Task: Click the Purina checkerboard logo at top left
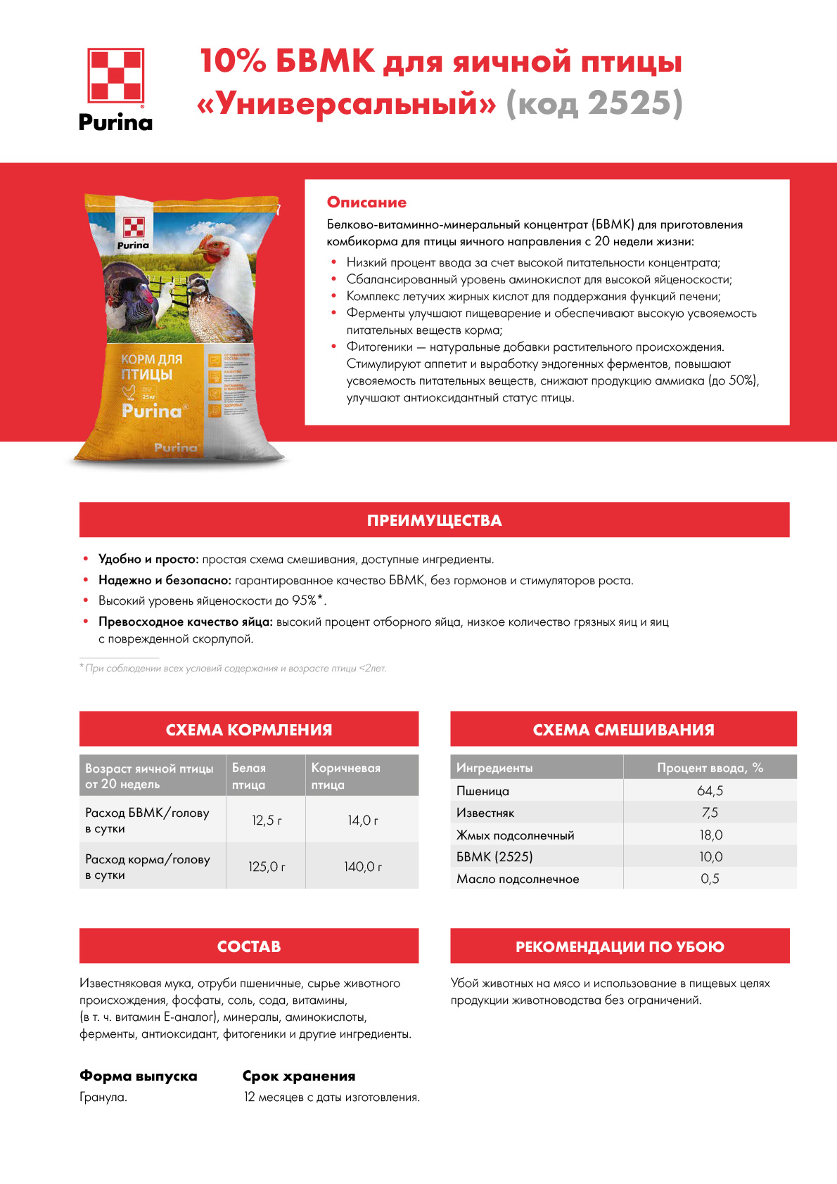(115, 76)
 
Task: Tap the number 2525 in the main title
(629, 103)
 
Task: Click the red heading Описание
(366, 202)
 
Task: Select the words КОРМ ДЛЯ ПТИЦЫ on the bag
(151, 366)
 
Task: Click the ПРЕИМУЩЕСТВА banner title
(434, 520)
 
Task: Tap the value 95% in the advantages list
(304, 600)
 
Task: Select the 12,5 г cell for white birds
(267, 820)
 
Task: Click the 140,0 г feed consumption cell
(363, 867)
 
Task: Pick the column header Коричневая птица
(345, 776)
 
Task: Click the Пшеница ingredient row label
(483, 791)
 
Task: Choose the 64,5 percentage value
(710, 791)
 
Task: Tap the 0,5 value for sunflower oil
(710, 879)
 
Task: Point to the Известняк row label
(485, 813)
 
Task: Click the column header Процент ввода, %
(710, 768)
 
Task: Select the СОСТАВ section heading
(249, 946)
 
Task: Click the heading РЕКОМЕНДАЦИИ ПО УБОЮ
(620, 946)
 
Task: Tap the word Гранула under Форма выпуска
(103, 1097)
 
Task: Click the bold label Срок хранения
(299, 1076)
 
